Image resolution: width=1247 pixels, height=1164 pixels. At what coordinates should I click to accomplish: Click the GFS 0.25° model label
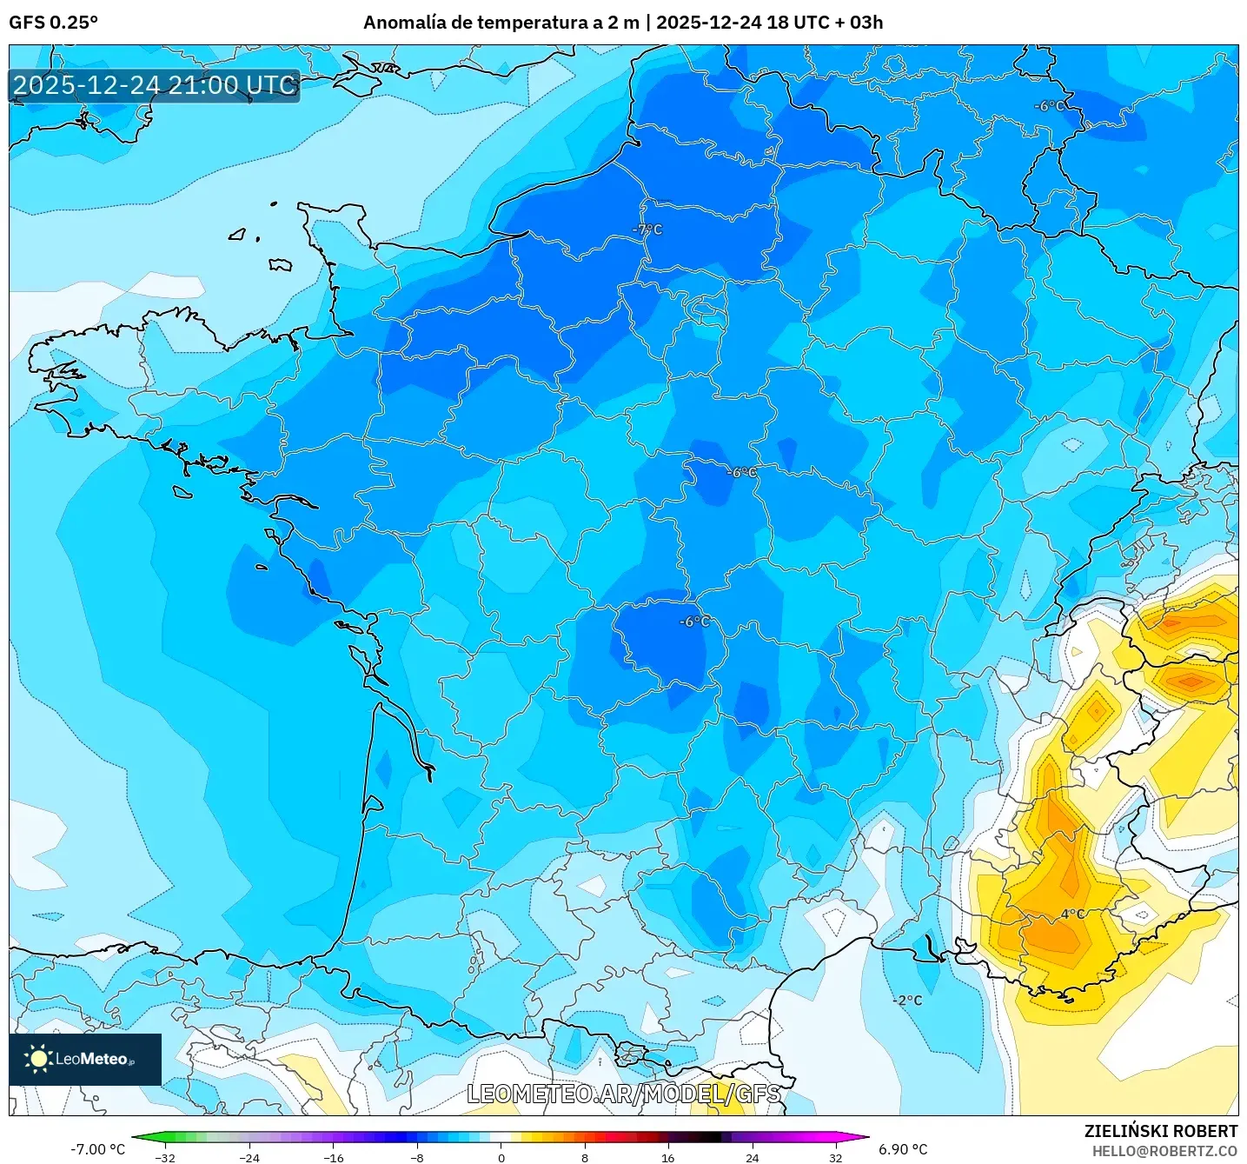pyautogui.click(x=53, y=23)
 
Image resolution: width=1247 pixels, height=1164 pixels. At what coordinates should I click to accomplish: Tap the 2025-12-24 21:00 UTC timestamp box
pyautogui.click(x=155, y=85)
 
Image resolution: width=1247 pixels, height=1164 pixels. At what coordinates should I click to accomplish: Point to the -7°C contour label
pyautogui.click(x=647, y=229)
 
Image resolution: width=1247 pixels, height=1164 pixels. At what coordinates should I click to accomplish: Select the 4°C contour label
pyautogui.click(x=1072, y=914)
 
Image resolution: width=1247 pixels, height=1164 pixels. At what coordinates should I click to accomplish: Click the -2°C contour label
pyautogui.click(x=908, y=1000)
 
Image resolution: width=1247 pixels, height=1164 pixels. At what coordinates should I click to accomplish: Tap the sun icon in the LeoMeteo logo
pyautogui.click(x=38, y=1058)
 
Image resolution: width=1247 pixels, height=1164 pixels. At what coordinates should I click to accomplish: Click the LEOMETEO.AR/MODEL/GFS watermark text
pyautogui.click(x=624, y=1094)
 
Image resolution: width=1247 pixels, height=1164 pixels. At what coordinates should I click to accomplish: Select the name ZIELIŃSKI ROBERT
pyautogui.click(x=1160, y=1131)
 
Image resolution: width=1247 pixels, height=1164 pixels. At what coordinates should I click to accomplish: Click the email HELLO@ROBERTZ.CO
pyautogui.click(x=1164, y=1151)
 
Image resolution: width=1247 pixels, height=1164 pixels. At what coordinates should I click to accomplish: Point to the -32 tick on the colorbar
pyautogui.click(x=165, y=1157)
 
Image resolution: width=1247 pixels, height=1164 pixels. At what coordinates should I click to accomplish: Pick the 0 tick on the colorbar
pyautogui.click(x=501, y=1157)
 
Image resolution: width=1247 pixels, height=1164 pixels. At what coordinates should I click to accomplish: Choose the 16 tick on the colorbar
pyautogui.click(x=667, y=1157)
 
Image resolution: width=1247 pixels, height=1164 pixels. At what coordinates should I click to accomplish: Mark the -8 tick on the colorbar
pyautogui.click(x=417, y=1157)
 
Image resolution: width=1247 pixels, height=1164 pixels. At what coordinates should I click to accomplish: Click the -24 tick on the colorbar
pyautogui.click(x=249, y=1157)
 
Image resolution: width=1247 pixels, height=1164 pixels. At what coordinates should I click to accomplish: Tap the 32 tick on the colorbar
pyautogui.click(x=835, y=1157)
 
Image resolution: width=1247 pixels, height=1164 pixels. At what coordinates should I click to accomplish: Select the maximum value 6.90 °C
pyautogui.click(x=903, y=1149)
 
